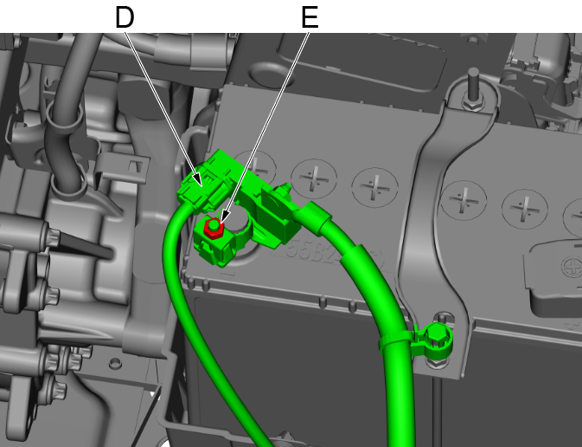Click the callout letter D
[x=125, y=17]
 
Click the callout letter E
[x=310, y=17]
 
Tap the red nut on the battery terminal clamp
[x=213, y=229]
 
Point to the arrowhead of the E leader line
[x=224, y=217]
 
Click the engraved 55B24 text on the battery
[x=323, y=254]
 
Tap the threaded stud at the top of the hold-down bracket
[x=473, y=84]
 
